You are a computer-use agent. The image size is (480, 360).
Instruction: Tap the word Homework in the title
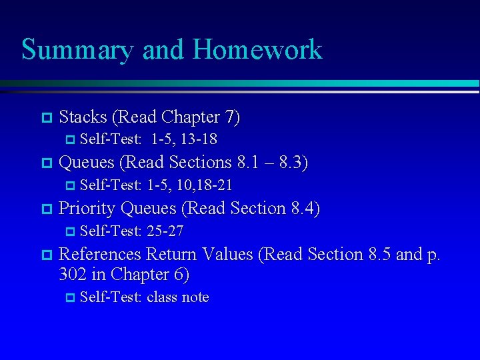[257, 50]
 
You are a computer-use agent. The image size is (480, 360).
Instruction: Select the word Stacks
[83, 117]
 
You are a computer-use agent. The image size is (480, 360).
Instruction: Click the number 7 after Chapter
[229, 117]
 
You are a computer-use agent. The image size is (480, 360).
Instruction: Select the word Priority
[87, 209]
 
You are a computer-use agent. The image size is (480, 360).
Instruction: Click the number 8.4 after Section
[304, 209]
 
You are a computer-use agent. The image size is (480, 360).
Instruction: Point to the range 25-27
[165, 231]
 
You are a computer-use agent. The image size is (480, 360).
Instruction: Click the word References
[100, 254]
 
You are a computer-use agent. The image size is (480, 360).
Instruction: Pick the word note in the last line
[195, 297]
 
